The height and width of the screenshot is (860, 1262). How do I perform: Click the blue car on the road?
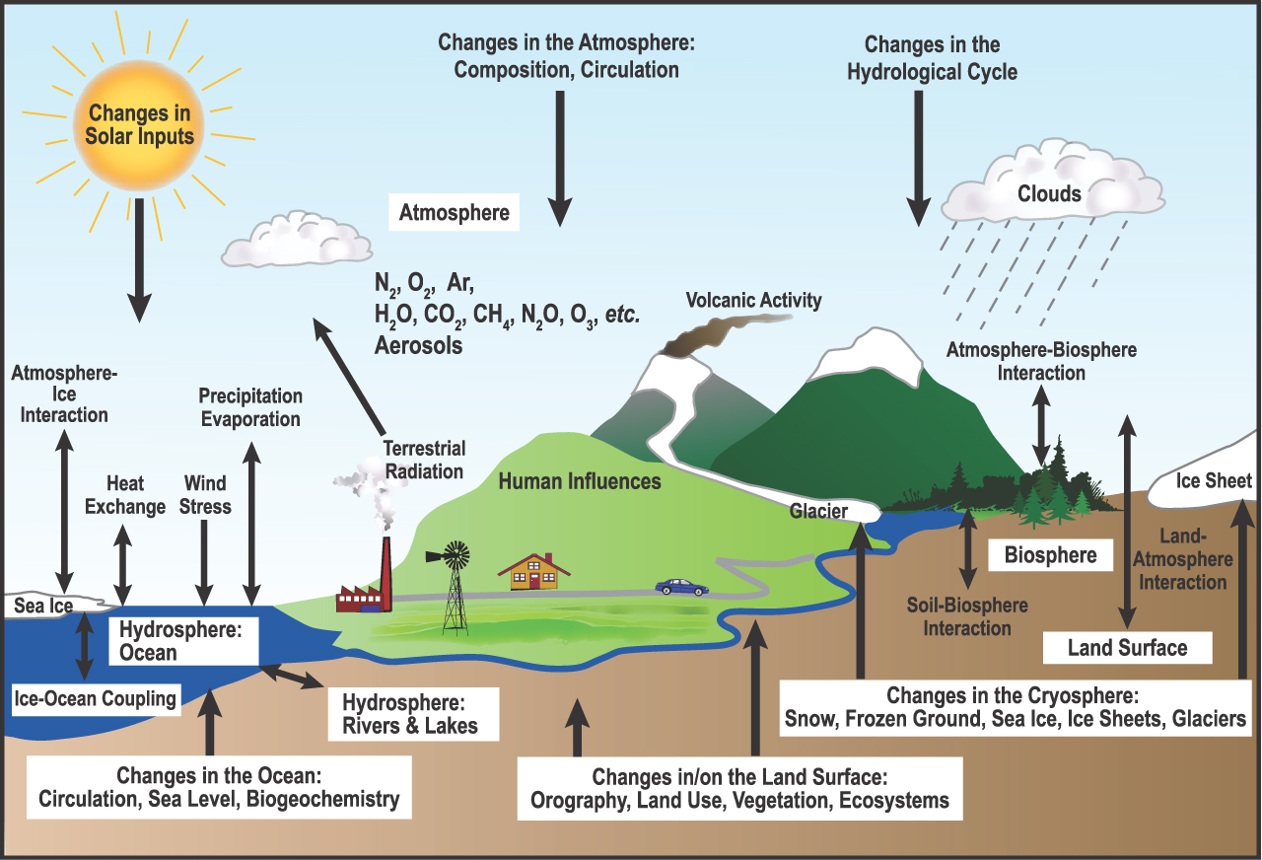pyautogui.click(x=682, y=587)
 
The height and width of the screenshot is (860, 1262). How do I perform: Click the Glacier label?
pyautogui.click(x=818, y=511)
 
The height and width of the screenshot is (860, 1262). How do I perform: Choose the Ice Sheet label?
pyautogui.click(x=1214, y=481)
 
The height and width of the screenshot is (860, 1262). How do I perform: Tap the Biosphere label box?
pyautogui.click(x=1050, y=555)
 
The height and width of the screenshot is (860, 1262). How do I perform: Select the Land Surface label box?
pyautogui.click(x=1127, y=648)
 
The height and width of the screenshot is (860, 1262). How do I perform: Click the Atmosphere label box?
pyautogui.click(x=454, y=212)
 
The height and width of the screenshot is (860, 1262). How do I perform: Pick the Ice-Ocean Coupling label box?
pyautogui.click(x=96, y=699)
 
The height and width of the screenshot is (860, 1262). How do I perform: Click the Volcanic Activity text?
pyautogui.click(x=753, y=300)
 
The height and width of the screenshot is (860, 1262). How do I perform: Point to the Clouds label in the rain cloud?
pyautogui.click(x=1049, y=193)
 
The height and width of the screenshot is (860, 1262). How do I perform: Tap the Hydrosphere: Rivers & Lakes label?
pyautogui.click(x=409, y=715)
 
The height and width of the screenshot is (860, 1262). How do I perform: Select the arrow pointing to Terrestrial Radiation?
pyautogui.click(x=349, y=374)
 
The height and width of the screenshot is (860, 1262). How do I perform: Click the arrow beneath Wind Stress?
pyautogui.click(x=204, y=562)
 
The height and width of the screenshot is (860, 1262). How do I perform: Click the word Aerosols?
pyautogui.click(x=418, y=346)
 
